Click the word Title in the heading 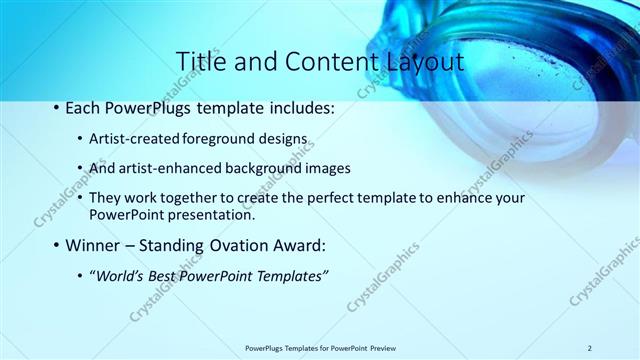point(200,62)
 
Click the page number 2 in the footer point(590,348)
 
